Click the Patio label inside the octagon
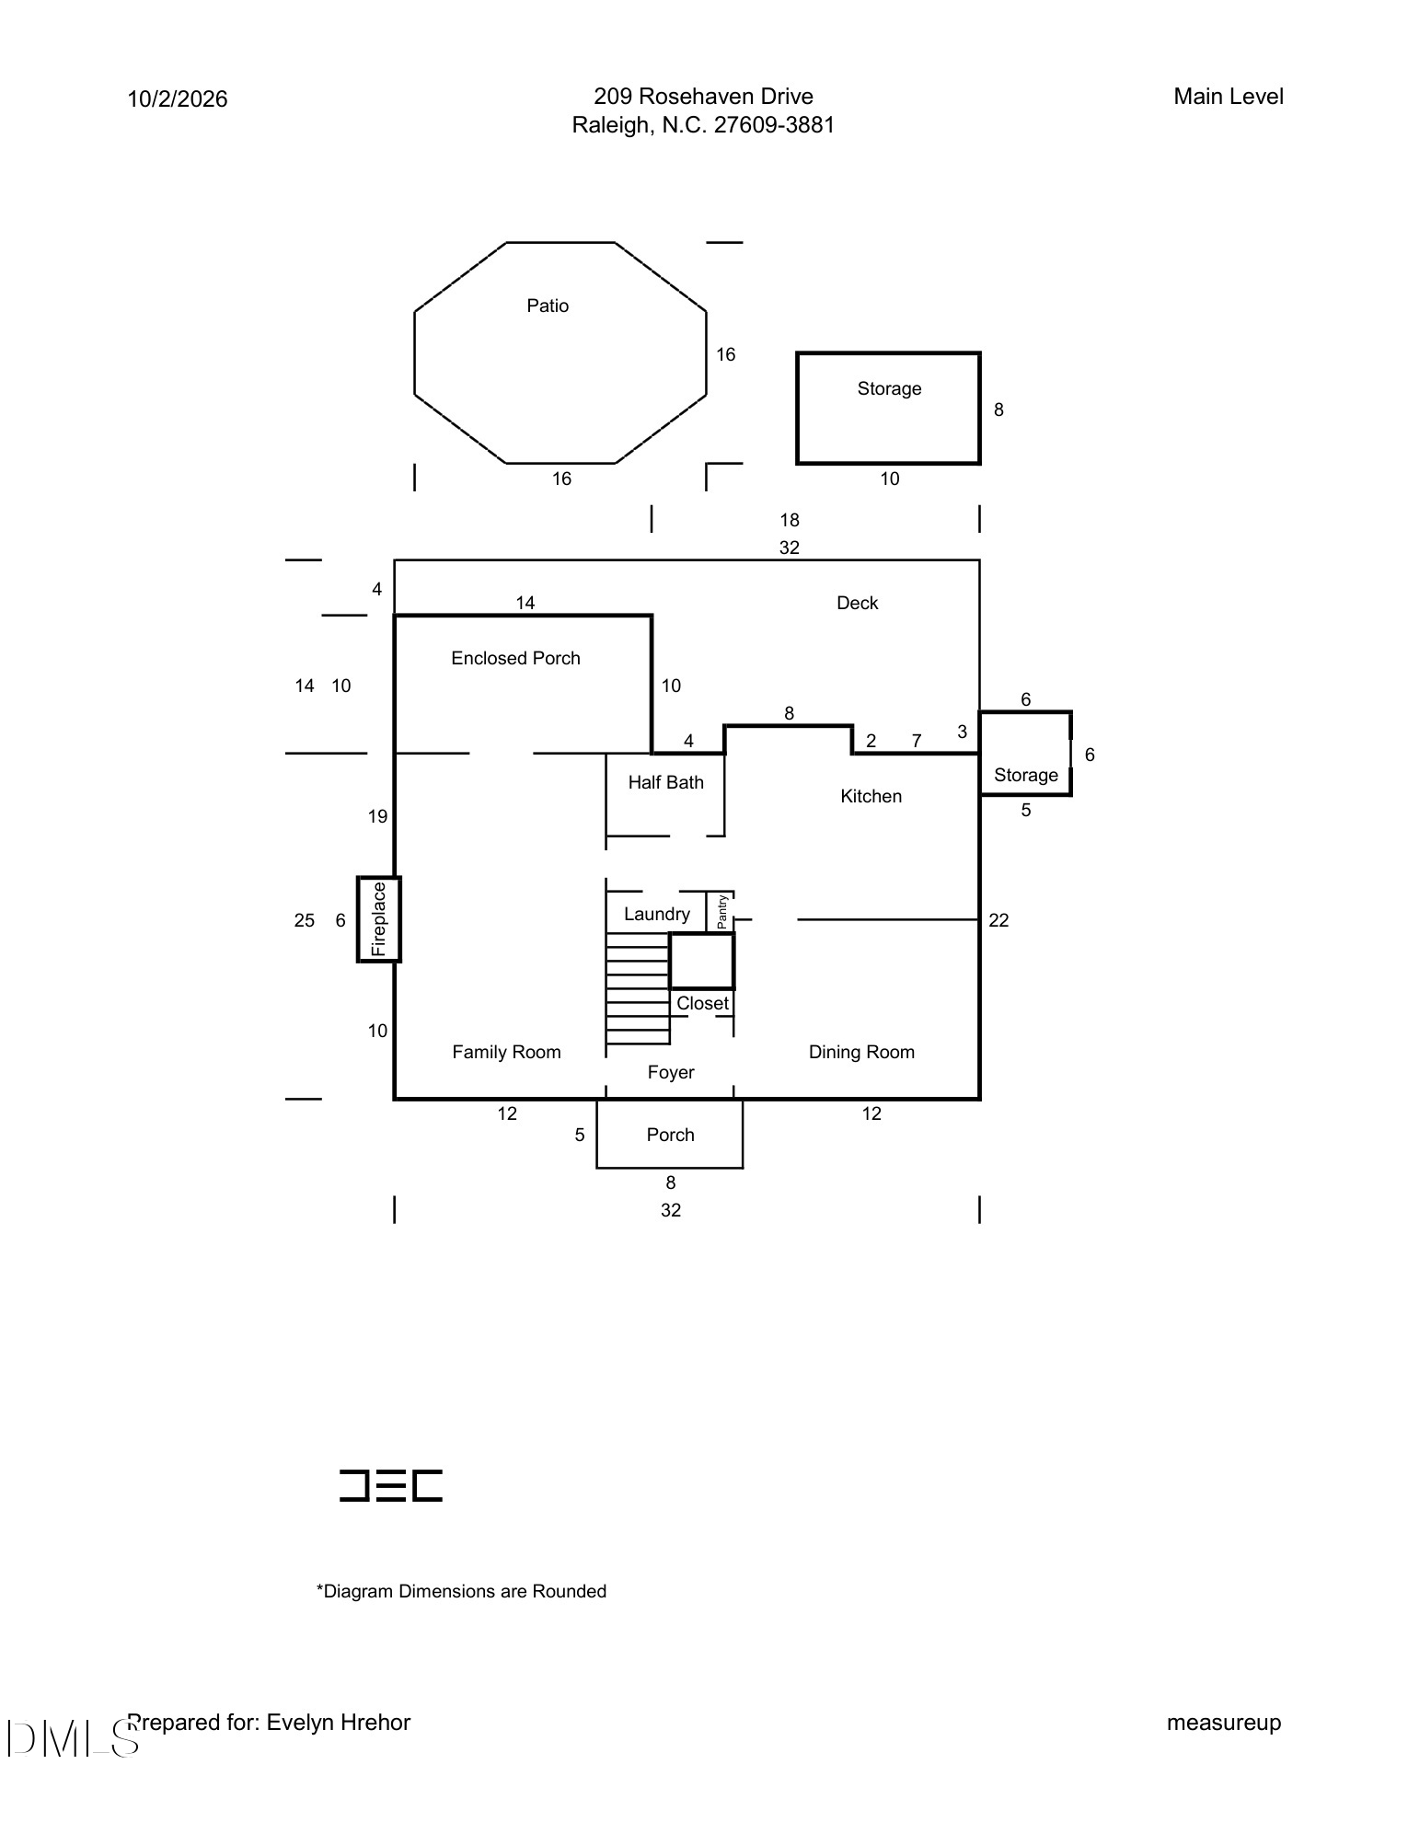pyautogui.click(x=548, y=306)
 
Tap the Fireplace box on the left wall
pyautogui.click(x=379, y=919)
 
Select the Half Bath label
pyautogui.click(x=666, y=782)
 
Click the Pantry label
pyautogui.click(x=722, y=911)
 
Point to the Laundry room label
pyautogui.click(x=657, y=914)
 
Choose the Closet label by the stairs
pyautogui.click(x=702, y=1003)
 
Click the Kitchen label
pyautogui.click(x=871, y=796)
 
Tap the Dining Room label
pyautogui.click(x=861, y=1052)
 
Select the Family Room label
pyautogui.click(x=506, y=1052)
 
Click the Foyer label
pyautogui.click(x=671, y=1072)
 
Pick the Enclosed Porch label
pyautogui.click(x=515, y=658)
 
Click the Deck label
pyautogui.click(x=858, y=603)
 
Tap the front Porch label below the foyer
pyautogui.click(x=670, y=1135)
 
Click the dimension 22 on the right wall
pyautogui.click(x=998, y=920)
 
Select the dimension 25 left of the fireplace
pyautogui.click(x=305, y=920)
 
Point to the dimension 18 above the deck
pyautogui.click(x=790, y=520)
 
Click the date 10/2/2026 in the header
pyautogui.click(x=178, y=98)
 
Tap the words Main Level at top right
pyautogui.click(x=1229, y=97)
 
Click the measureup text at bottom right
pyautogui.click(x=1224, y=1723)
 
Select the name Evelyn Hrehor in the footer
pyautogui.click(x=339, y=1723)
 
